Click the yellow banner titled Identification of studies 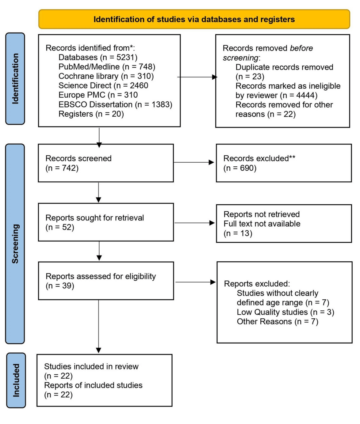(x=194, y=19)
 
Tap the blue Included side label (x=16, y=380)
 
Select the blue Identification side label (x=15, y=79)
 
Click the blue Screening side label (x=15, y=244)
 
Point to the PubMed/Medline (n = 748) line (x=107, y=67)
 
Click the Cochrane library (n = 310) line (x=106, y=76)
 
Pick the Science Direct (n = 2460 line (x=103, y=86)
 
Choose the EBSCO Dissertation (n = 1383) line (x=115, y=105)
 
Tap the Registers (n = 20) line (x=91, y=114)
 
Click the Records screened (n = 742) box (x=106, y=163)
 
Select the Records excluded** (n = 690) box (x=284, y=163)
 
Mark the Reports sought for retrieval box (x=106, y=222)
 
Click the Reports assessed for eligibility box (x=106, y=281)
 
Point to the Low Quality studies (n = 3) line (x=286, y=312)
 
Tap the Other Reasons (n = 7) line (x=277, y=322)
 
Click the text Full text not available (x=262, y=224)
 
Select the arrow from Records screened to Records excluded (x=194, y=162)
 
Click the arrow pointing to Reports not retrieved (x=195, y=223)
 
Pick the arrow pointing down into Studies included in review (x=99, y=326)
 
